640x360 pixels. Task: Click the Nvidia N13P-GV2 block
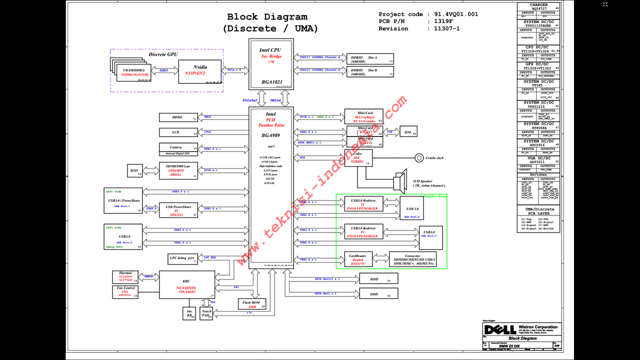click(x=200, y=70)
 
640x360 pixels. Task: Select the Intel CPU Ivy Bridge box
click(x=270, y=64)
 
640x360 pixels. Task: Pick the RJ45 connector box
click(x=134, y=171)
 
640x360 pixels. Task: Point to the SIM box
click(x=408, y=131)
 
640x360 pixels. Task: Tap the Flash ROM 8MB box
click(x=251, y=304)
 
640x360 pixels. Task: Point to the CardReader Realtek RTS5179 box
click(x=358, y=259)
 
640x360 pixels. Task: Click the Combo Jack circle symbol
click(x=419, y=157)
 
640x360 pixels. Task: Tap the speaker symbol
click(x=399, y=182)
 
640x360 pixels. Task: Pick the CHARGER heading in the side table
click(x=538, y=5)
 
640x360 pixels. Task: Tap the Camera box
click(x=178, y=148)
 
